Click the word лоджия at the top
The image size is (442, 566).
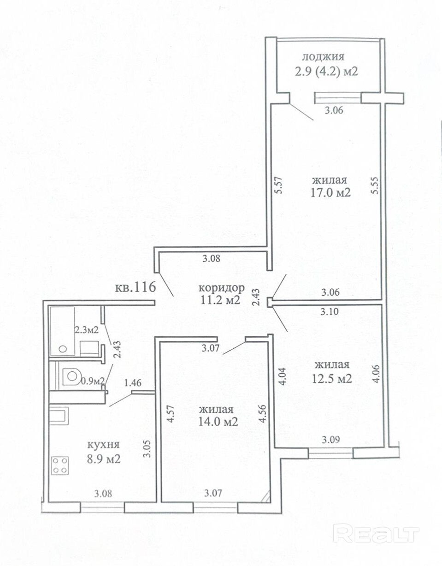tap(323, 57)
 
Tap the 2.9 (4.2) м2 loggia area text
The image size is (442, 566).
tap(326, 71)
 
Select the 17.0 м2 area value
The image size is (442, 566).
tap(330, 193)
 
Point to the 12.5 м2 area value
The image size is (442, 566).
tap(332, 378)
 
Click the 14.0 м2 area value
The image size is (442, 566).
tap(218, 421)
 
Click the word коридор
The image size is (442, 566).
tap(221, 288)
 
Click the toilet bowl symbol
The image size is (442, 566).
tap(71, 376)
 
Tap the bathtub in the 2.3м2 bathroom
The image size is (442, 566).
tap(62, 331)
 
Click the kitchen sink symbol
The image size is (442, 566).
tap(59, 414)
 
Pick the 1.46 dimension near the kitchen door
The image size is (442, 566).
tap(133, 383)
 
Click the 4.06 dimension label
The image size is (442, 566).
tap(377, 373)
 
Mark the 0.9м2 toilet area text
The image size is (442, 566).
tap(93, 381)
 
